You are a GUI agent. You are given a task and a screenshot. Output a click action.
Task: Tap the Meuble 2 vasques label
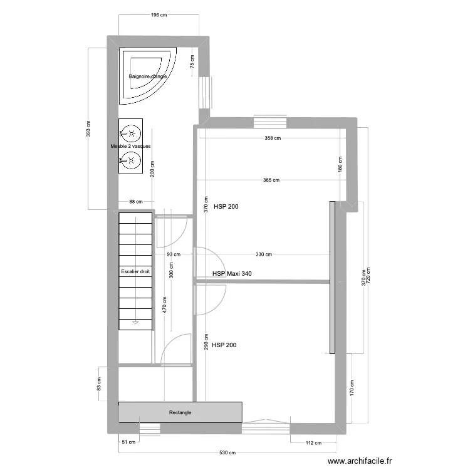click(x=130, y=146)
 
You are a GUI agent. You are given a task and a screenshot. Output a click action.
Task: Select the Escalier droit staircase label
click(x=135, y=271)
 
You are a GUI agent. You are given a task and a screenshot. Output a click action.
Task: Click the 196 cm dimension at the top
click(x=159, y=15)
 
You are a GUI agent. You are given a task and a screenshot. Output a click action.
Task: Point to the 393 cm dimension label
click(x=88, y=129)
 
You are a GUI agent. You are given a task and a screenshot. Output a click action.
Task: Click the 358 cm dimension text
click(x=272, y=138)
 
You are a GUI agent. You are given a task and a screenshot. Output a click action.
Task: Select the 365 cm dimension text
click(x=271, y=180)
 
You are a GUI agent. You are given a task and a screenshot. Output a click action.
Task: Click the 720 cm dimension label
click(x=368, y=274)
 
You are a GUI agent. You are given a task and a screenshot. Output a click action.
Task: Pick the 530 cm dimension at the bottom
click(x=227, y=452)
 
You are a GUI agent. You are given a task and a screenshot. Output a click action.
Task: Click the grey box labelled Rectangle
click(x=180, y=412)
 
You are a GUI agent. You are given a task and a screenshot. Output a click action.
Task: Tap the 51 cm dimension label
click(x=128, y=442)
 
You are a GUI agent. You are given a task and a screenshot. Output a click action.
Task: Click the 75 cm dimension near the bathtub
click(x=192, y=61)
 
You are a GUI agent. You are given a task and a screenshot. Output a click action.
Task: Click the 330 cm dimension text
click(x=264, y=254)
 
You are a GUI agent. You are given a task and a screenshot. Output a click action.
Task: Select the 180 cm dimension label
click(x=340, y=165)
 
